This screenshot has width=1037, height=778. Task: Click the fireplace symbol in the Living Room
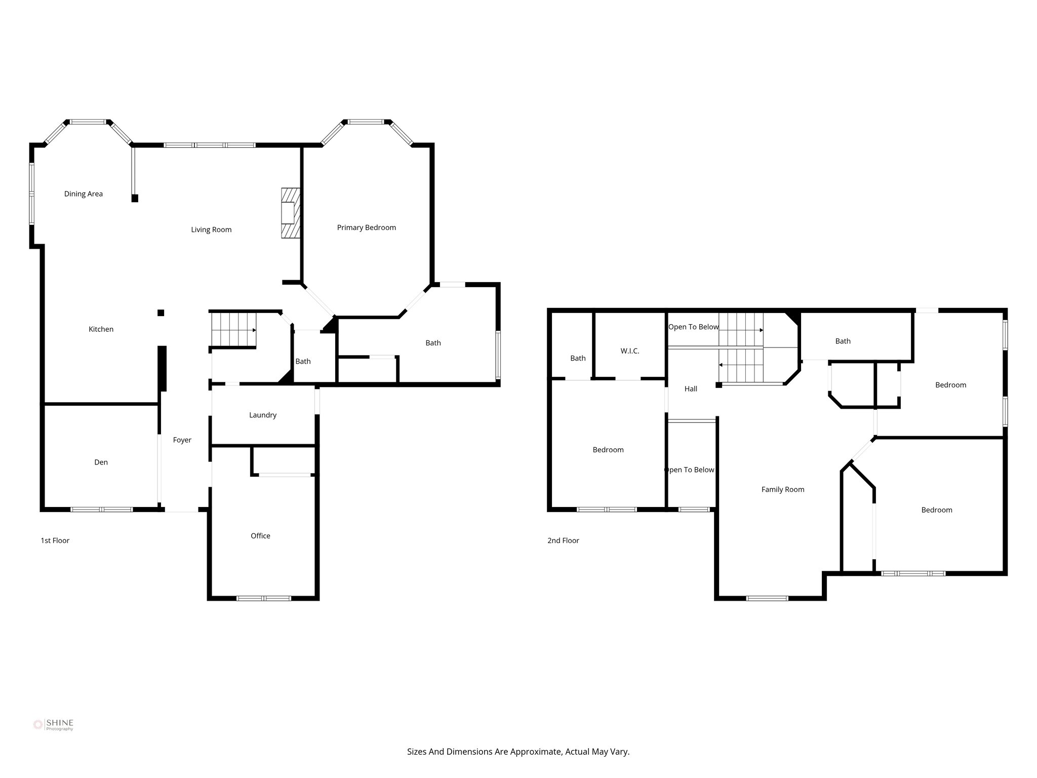tap(291, 213)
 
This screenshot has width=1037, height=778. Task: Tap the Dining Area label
tap(84, 193)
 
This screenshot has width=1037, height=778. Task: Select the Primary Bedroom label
tap(366, 227)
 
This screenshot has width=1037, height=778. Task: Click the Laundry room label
tap(262, 415)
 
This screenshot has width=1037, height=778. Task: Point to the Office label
tap(260, 535)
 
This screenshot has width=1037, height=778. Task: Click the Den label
tap(101, 462)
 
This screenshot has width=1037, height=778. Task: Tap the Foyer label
tap(182, 440)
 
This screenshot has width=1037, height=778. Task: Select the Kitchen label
tap(101, 329)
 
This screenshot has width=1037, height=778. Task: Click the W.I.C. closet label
tap(629, 351)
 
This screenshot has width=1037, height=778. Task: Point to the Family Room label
tap(782, 489)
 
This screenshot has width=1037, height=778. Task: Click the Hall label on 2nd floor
tap(690, 388)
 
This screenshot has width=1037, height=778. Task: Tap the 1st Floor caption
tap(55, 540)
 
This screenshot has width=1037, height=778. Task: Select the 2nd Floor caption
tap(563, 540)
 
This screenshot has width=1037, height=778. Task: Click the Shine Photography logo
tap(53, 724)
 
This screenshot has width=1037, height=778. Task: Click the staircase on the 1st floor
tap(233, 329)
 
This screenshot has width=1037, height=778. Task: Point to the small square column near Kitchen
tap(161, 313)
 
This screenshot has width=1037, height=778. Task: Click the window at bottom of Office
tap(264, 598)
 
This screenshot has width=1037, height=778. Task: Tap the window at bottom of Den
tap(101, 509)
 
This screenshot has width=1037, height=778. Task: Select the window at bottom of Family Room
tap(767, 598)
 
